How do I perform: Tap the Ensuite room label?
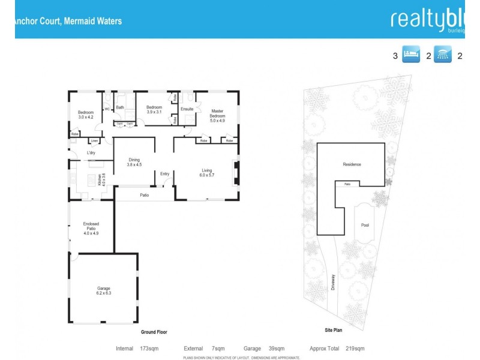187,109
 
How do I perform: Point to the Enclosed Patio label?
91,229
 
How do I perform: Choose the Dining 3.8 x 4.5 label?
134,162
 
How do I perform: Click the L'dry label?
91,153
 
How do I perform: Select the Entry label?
164,174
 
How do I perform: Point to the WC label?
107,109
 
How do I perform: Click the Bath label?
120,108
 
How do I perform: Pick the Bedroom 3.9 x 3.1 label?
155,110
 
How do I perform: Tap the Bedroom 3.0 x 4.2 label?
86,115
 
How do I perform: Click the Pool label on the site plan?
365,225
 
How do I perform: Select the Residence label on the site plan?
352,164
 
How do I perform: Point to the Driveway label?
331,281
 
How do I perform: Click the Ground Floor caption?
154,332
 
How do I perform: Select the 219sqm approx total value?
355,349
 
